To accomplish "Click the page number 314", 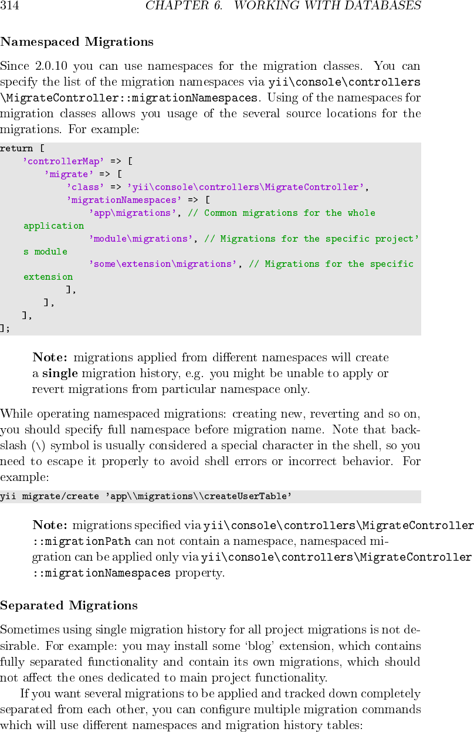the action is pyautogui.click(x=10, y=6).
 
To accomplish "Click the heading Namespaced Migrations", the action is pyautogui.click(x=77, y=42).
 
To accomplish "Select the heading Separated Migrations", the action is pyautogui.click(x=69, y=605).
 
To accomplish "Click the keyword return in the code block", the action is pyautogui.click(x=16, y=148).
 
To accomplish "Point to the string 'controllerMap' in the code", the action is pyautogui.click(x=64, y=161).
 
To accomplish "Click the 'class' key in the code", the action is pyautogui.click(x=86, y=187).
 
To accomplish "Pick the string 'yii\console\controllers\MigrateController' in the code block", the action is pyautogui.click(x=246, y=187).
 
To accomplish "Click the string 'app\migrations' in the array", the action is pyautogui.click(x=133, y=213).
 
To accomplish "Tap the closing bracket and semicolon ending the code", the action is pyautogui.click(x=5, y=328).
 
